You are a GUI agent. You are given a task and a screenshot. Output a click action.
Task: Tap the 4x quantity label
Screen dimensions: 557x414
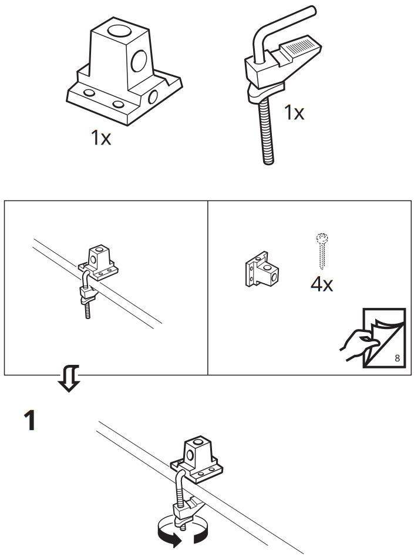pos(322,284)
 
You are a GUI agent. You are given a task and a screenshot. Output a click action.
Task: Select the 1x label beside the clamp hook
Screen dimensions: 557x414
pos(294,112)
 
